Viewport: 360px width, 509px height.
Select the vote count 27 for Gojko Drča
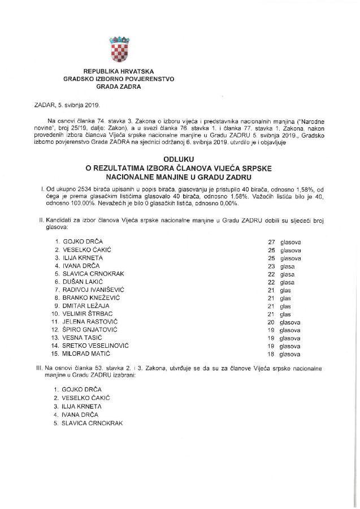coord(271,241)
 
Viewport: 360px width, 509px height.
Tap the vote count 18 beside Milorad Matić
coord(271,354)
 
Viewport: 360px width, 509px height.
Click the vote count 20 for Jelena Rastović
coord(271,321)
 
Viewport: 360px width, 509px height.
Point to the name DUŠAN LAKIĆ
coord(85,281)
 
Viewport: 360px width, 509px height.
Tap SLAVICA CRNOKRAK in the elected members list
coord(94,422)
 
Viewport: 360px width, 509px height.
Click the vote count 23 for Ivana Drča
coord(271,265)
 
